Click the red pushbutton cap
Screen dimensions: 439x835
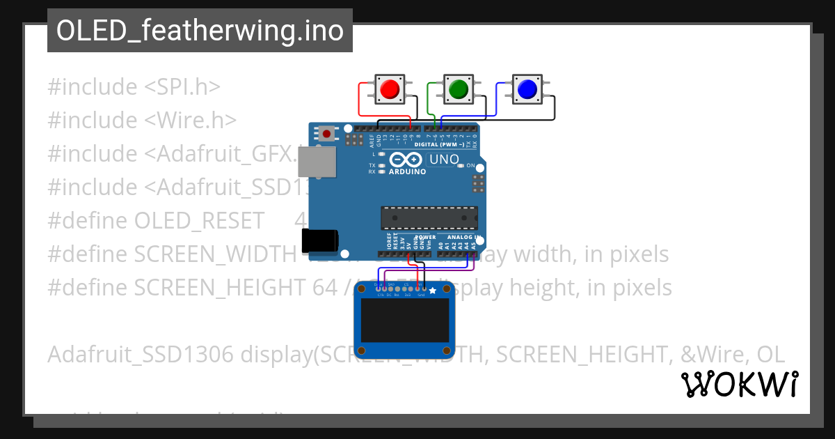389,88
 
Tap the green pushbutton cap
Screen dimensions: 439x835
457,88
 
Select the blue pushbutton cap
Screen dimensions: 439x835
527,88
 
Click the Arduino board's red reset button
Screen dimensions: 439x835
326,132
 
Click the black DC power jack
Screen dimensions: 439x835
319,241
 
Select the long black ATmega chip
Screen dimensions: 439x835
429,217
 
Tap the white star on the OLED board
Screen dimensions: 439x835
432,290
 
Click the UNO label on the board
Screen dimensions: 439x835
444,160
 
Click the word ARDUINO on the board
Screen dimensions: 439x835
406,171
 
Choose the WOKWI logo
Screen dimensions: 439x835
739,384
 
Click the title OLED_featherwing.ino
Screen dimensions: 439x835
200,31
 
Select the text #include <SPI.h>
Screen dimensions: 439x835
134,87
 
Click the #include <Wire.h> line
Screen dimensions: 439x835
142,121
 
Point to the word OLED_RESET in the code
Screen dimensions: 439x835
199,221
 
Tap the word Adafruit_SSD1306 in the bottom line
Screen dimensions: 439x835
140,355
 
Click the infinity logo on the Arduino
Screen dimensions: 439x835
406,159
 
